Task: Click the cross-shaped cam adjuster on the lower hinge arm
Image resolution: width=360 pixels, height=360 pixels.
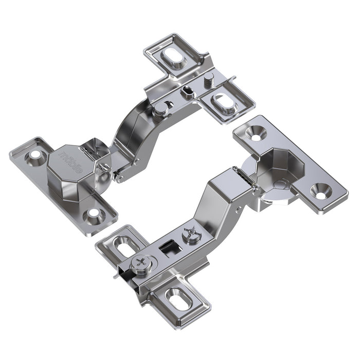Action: [190, 234]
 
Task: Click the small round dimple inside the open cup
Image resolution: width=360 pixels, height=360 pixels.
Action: [280, 184]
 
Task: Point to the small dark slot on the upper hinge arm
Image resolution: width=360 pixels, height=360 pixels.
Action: [188, 92]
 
